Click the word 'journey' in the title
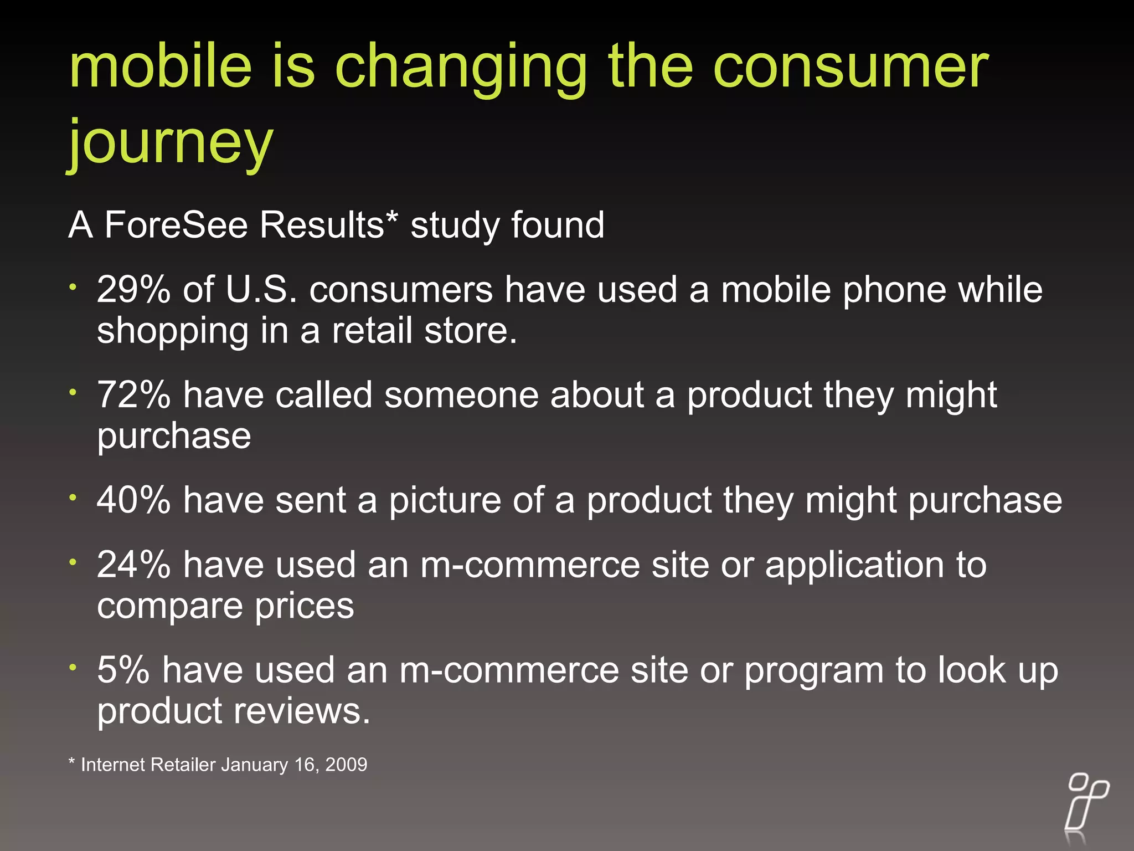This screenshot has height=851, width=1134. pos(171,143)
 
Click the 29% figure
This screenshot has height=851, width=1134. pos(133,290)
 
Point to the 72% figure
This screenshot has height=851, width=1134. pos(133,395)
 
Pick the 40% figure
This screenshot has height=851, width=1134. pos(133,500)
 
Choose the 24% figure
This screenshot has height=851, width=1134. pos(133,565)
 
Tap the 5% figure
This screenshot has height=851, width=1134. pos(123,670)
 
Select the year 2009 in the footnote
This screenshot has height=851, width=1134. pos(346,765)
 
